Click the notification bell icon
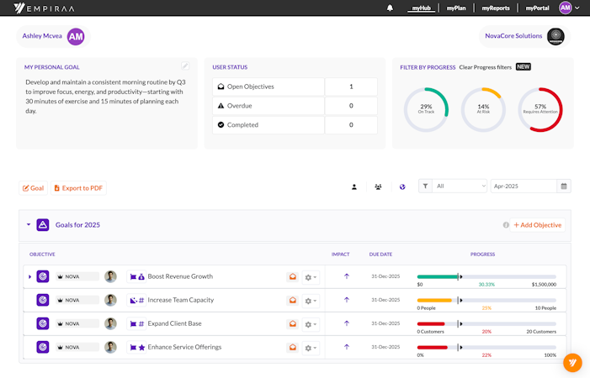(390, 8)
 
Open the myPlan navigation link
(456, 8)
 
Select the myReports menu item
(495, 8)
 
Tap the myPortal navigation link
(537, 8)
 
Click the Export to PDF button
(79, 188)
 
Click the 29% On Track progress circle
(426, 110)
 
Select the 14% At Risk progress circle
(483, 110)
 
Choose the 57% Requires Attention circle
(540, 110)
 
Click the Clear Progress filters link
(486, 67)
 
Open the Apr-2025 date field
(523, 186)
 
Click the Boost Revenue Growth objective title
(180, 276)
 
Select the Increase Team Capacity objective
(180, 300)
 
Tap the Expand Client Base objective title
(174, 323)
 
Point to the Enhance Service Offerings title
(185, 347)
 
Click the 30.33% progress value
(486, 285)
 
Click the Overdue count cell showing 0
(351, 106)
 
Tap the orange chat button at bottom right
(572, 363)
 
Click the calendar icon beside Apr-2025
(564, 186)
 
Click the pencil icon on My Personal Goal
(185, 66)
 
